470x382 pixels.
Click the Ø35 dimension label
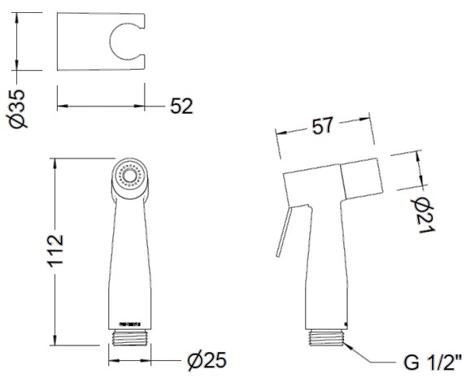click(18, 109)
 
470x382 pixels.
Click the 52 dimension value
click(181, 106)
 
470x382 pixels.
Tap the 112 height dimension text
click(55, 250)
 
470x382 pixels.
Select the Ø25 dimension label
click(207, 360)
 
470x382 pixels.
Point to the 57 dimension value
click(323, 126)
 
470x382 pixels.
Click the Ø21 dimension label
click(424, 215)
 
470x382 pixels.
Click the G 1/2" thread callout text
click(433, 362)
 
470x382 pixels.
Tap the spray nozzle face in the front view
click(130, 176)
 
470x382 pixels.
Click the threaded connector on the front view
click(129, 337)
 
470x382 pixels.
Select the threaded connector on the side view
click(327, 337)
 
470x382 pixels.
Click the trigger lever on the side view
click(284, 230)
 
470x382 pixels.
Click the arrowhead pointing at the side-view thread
click(349, 347)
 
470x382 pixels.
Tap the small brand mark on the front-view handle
click(130, 323)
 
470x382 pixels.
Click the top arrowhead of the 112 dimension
click(54, 163)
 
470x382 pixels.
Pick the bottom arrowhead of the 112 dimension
click(54, 340)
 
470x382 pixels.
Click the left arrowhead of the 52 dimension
click(63, 106)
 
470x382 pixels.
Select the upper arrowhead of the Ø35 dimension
click(16, 19)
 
